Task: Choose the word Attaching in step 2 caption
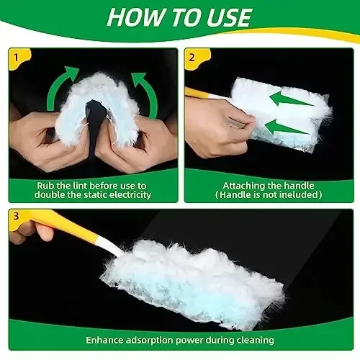pyautogui.click(x=238, y=184)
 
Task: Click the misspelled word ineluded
pyautogui.click(x=297, y=195)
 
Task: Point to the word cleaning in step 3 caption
pyautogui.click(x=253, y=339)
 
